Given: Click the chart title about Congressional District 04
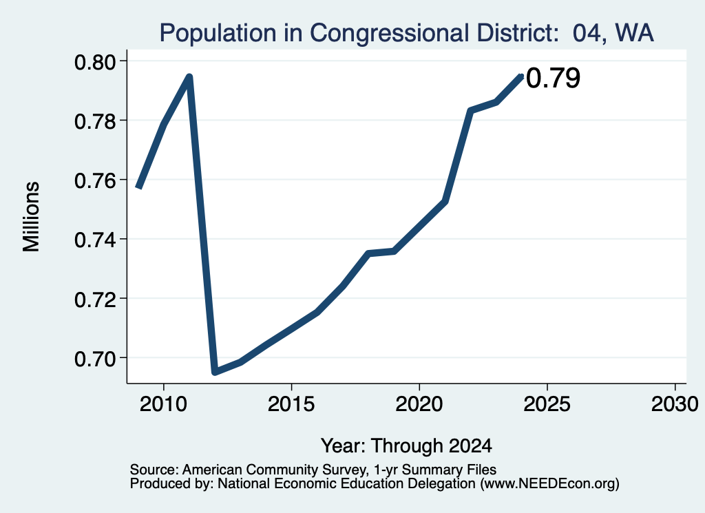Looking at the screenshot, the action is point(406,33).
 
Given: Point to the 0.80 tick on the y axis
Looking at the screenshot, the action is point(96,61).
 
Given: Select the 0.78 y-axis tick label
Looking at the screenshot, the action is point(96,121).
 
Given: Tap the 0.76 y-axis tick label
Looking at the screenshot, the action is point(96,180).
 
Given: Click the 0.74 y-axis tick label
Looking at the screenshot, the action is point(96,240).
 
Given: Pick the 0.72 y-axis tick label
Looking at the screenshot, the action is point(96,299).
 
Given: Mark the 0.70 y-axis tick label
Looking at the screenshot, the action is point(96,358).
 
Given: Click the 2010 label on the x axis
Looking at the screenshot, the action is point(163,404).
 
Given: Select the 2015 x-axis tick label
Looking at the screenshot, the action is point(291,404).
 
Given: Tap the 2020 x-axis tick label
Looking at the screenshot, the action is point(419,404).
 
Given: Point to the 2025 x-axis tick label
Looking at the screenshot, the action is point(547,404).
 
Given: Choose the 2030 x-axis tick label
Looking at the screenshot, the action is point(675,404).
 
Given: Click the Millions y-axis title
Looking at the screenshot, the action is point(31,217).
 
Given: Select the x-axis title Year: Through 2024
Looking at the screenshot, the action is point(406,446).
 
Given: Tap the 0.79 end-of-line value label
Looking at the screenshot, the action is point(553,78).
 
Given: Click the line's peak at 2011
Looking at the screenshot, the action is point(189,76).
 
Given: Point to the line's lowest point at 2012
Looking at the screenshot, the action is point(215,372).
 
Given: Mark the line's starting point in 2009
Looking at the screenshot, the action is point(139,187).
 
